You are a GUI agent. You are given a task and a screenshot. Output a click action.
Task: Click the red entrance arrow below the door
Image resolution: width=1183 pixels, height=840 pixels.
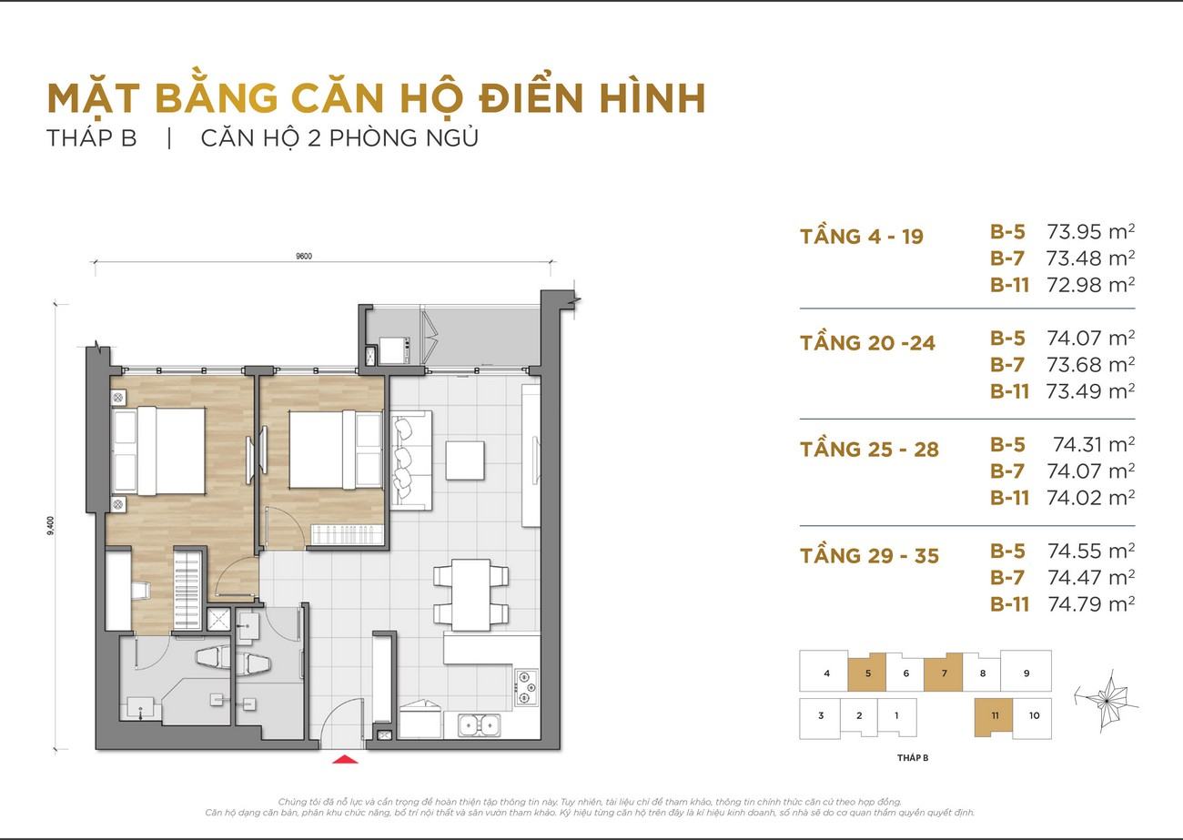click(x=345, y=759)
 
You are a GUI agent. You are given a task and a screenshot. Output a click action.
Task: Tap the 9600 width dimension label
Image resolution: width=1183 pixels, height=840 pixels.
click(x=304, y=257)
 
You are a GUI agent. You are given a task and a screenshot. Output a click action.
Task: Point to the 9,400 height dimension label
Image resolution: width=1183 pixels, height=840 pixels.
click(x=51, y=526)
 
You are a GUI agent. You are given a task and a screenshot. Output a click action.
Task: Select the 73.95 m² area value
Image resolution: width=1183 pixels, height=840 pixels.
click(x=1090, y=231)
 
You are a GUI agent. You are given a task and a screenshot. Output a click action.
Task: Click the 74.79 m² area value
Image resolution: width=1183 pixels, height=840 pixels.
click(x=1091, y=603)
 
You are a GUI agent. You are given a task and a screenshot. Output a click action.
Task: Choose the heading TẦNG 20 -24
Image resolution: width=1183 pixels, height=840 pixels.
click(x=868, y=342)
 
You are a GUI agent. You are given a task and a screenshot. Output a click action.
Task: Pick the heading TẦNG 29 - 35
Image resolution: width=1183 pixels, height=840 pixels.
click(x=869, y=555)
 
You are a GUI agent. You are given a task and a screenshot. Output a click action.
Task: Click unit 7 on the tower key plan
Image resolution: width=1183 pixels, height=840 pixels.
click(x=944, y=673)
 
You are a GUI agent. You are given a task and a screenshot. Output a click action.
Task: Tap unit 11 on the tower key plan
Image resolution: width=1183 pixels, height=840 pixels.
click(x=995, y=716)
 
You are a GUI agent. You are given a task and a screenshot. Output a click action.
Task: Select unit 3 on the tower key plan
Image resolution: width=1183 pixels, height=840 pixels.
click(x=820, y=716)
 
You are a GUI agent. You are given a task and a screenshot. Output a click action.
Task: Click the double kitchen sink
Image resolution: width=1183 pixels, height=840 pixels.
click(x=479, y=724)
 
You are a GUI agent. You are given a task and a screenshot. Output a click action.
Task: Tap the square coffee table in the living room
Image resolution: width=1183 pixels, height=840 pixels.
click(x=465, y=460)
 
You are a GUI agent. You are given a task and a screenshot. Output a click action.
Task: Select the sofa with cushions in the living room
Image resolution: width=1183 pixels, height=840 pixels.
click(x=411, y=460)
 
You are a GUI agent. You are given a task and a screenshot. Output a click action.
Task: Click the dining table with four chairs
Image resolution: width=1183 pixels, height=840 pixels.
click(x=471, y=595)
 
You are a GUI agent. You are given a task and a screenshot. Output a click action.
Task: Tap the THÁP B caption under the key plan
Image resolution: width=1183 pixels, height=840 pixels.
click(x=913, y=757)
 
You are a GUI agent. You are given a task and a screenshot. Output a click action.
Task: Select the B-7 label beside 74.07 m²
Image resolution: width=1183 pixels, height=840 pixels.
click(x=1007, y=471)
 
